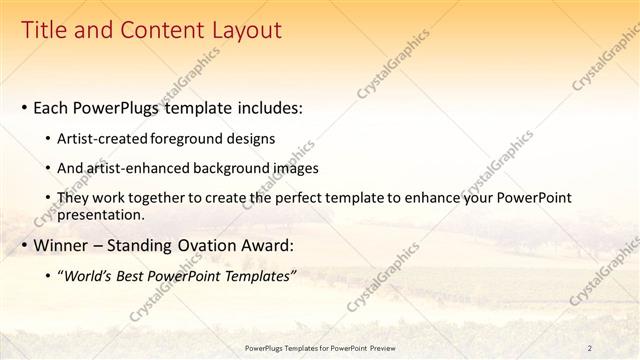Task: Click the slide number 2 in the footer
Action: pos(590,347)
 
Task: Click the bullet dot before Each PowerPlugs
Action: pos(24,106)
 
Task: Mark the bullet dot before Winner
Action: pos(24,245)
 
